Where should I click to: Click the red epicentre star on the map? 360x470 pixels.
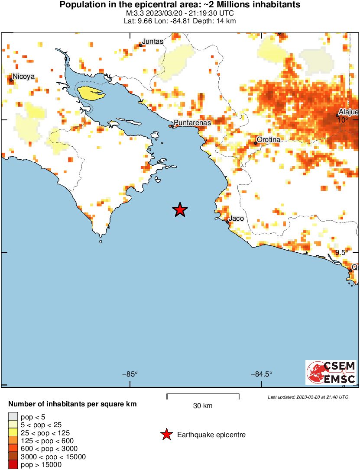pos(180,210)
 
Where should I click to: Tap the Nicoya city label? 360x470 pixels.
pos(23,77)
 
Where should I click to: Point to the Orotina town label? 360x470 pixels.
pos(269,140)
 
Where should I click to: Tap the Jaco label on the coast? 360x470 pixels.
pos(236,219)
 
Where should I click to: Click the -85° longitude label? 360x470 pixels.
pos(130,374)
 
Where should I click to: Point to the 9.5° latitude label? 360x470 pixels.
pos(342,252)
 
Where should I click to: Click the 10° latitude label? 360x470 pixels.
pos(343,120)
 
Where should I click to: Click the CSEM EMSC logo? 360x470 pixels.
pos(331,372)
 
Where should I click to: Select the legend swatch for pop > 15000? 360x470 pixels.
pos(13,465)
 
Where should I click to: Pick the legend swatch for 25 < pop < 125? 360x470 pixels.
pos(13,432)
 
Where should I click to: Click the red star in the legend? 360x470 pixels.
pos(166,435)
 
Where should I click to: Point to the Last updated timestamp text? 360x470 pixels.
pos(308,397)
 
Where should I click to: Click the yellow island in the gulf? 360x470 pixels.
pos(90,92)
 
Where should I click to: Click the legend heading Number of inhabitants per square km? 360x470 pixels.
pos(73,404)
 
